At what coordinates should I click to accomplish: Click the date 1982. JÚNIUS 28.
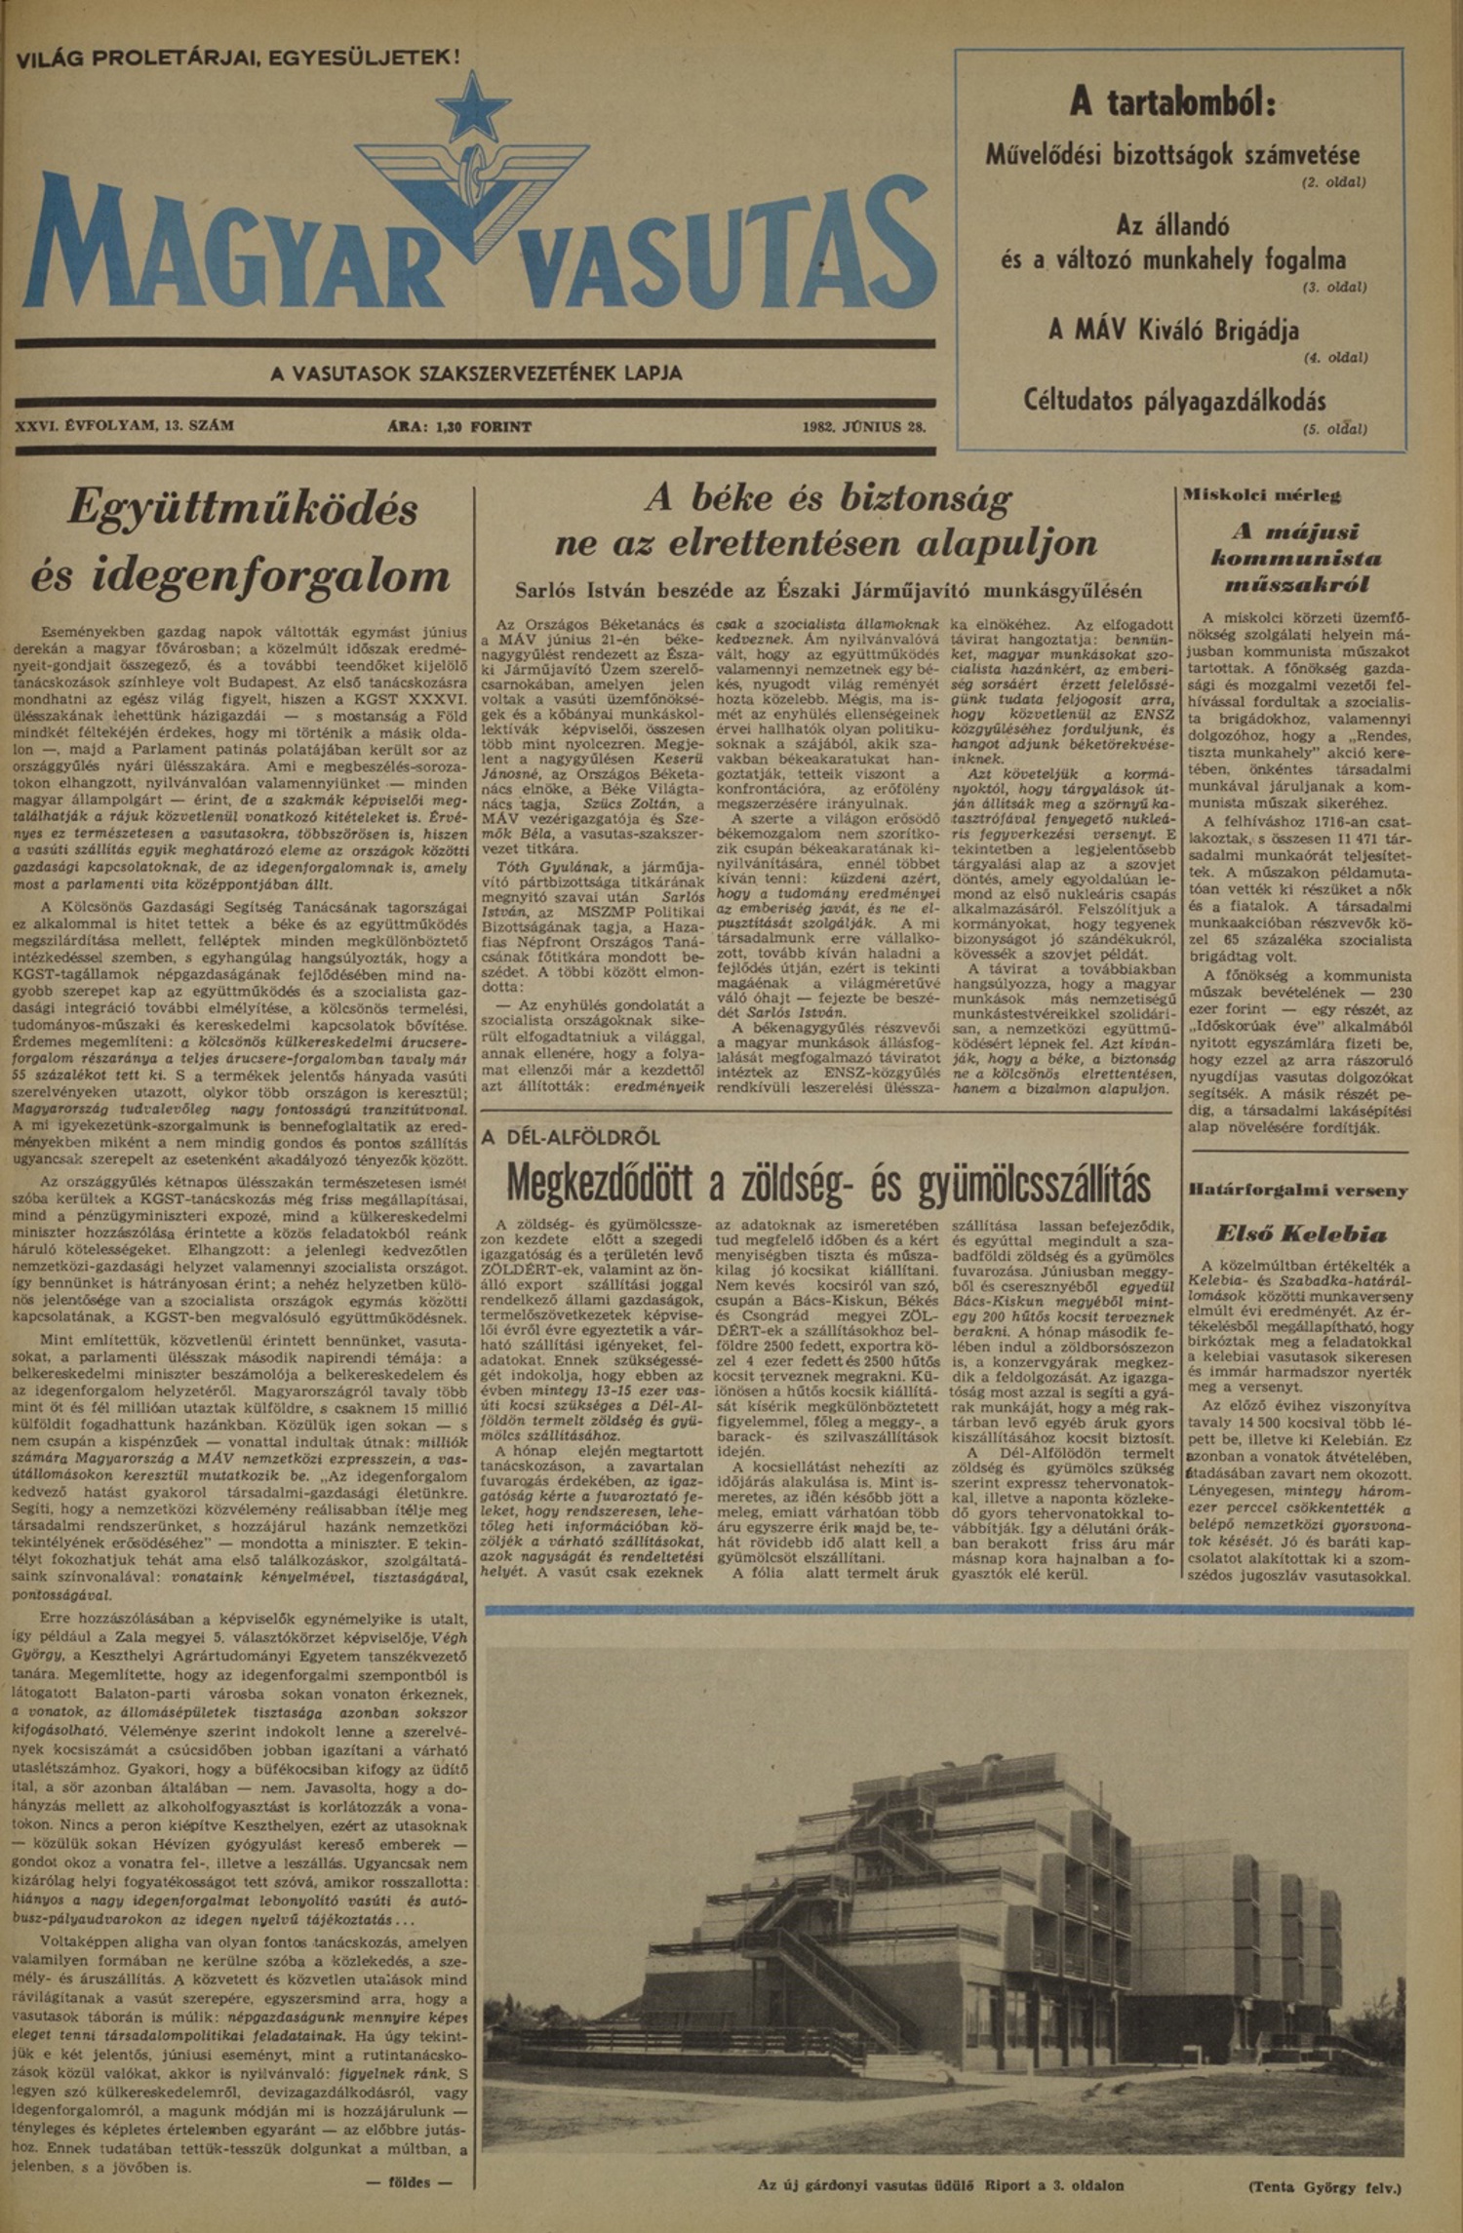864,426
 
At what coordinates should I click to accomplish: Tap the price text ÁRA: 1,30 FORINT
458,426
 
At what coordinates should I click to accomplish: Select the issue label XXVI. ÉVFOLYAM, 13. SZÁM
125,426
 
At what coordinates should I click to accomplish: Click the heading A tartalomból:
1173,100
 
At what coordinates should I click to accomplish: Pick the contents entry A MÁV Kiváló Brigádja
1173,330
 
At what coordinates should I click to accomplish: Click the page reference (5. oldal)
1334,428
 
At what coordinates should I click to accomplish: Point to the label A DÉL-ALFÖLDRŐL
571,1137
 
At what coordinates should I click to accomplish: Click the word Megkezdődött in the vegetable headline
603,1185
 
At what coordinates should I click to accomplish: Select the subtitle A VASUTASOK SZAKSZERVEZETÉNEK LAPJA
476,373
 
